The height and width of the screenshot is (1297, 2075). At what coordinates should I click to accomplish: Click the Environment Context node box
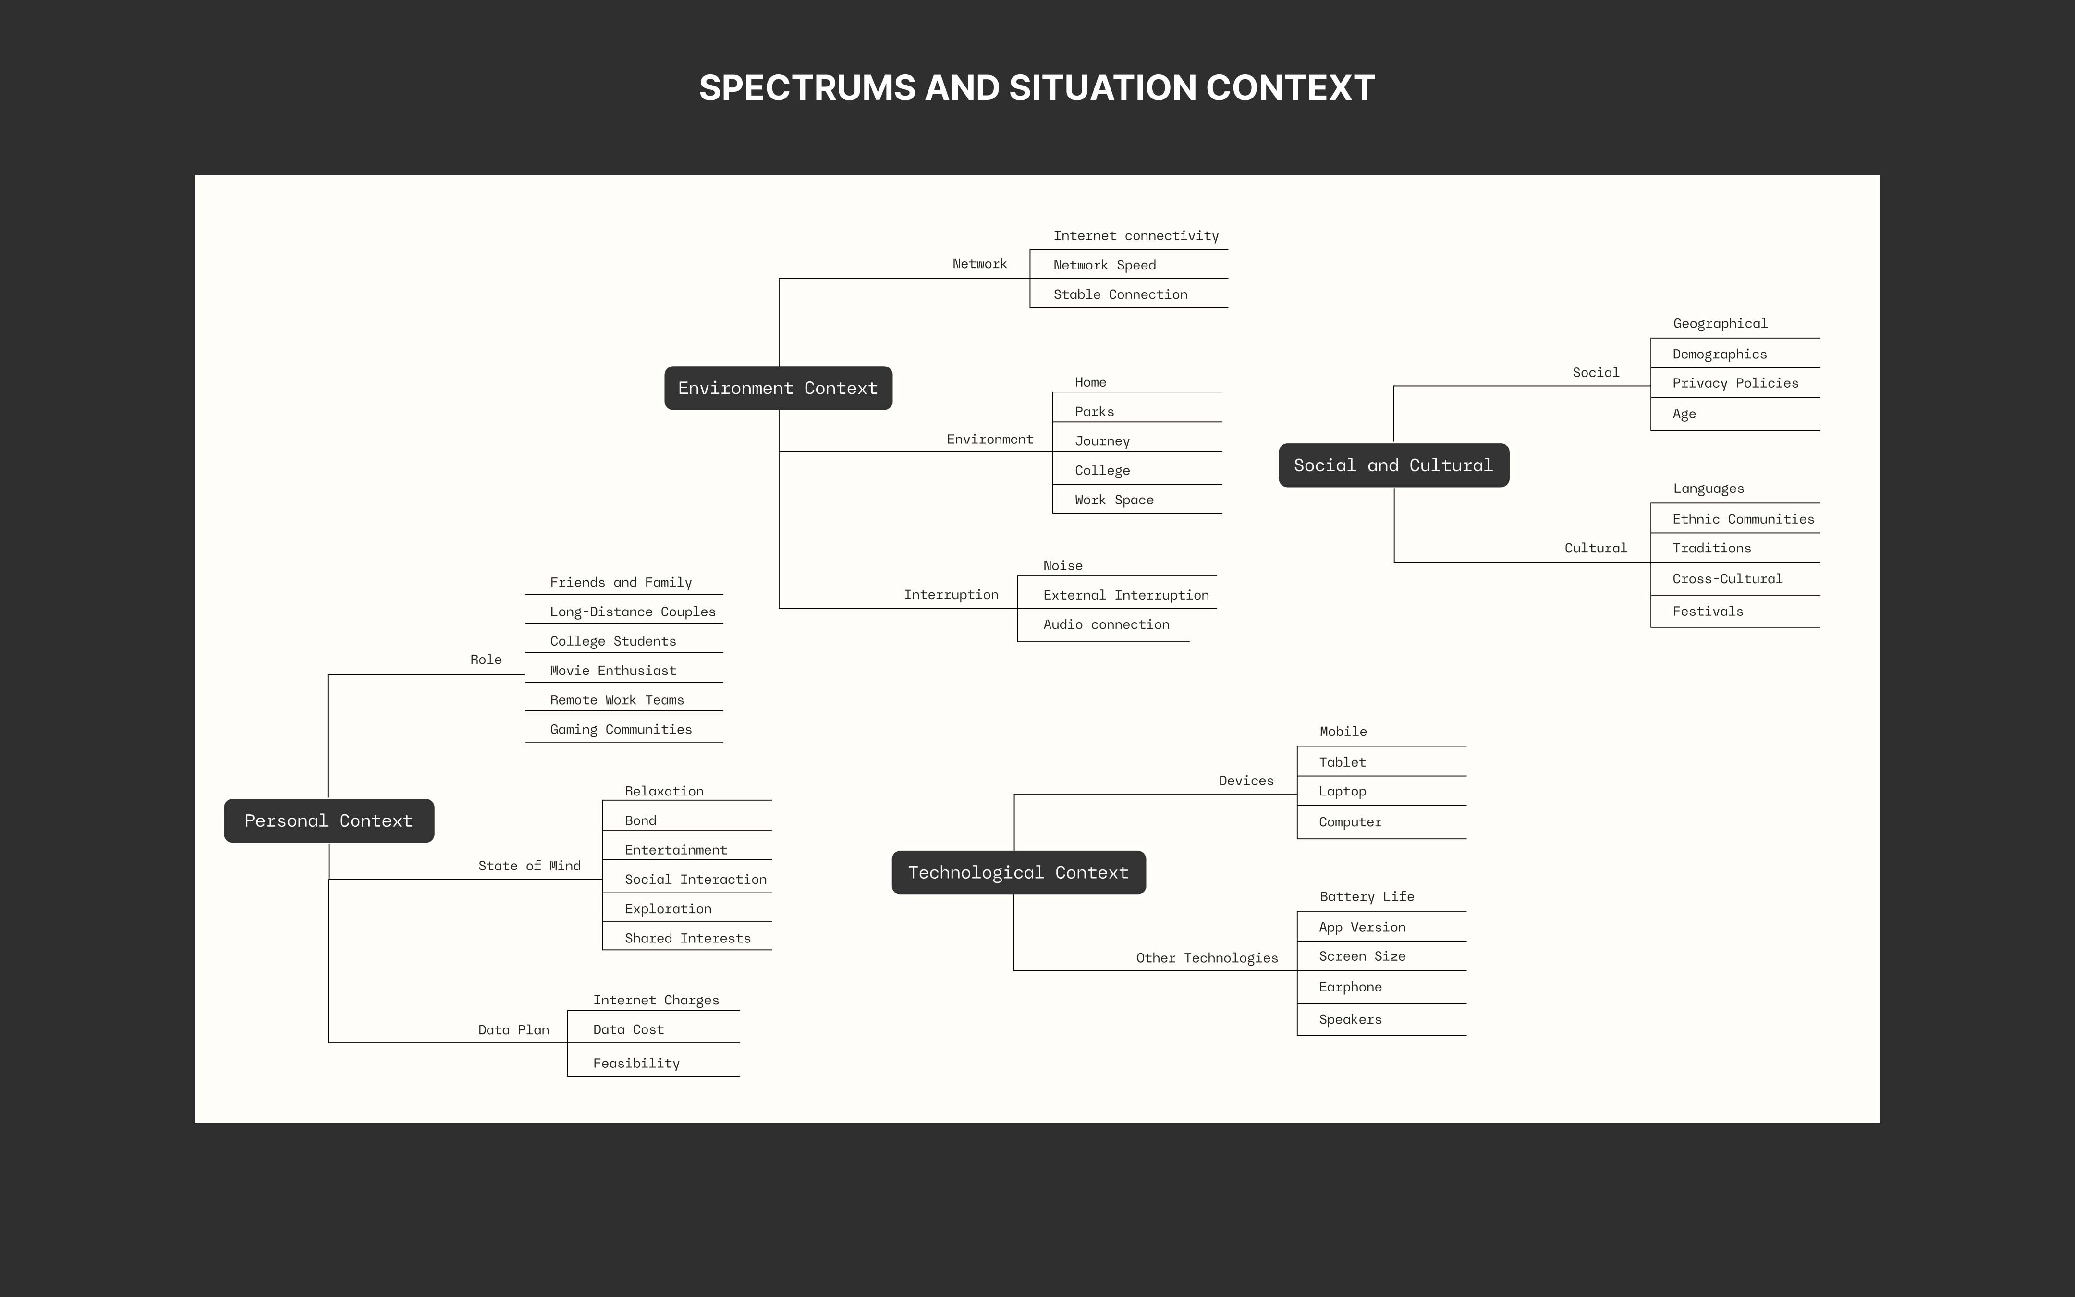click(778, 388)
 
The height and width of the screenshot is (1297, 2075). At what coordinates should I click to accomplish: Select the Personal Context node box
click(329, 821)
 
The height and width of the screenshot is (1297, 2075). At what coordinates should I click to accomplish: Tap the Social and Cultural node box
click(1393, 465)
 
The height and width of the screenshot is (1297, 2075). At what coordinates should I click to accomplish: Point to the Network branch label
click(979, 263)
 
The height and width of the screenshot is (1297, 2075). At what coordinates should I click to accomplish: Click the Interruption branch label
click(951, 595)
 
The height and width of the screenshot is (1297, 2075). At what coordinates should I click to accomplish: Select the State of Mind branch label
click(529, 866)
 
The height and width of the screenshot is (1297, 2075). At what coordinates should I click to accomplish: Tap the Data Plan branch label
click(513, 1029)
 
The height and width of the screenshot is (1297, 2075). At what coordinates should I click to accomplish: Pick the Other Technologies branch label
click(1207, 957)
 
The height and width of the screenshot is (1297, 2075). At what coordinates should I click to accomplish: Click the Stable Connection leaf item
click(1120, 294)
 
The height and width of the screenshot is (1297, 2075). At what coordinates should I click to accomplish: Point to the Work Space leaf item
click(1114, 499)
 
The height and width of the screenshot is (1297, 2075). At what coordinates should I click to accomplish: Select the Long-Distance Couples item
click(632, 612)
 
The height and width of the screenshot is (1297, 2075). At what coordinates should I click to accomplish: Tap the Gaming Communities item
click(621, 729)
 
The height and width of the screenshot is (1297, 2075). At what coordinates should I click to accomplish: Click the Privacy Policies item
click(1734, 382)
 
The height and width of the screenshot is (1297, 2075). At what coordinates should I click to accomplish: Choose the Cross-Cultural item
click(1727, 578)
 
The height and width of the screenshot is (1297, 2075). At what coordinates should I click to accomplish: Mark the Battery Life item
click(1367, 896)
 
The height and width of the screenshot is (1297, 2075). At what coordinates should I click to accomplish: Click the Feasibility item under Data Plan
click(636, 1063)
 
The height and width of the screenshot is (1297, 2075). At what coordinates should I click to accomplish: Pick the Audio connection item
click(1106, 624)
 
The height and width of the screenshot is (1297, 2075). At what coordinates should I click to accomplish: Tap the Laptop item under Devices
click(1342, 791)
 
